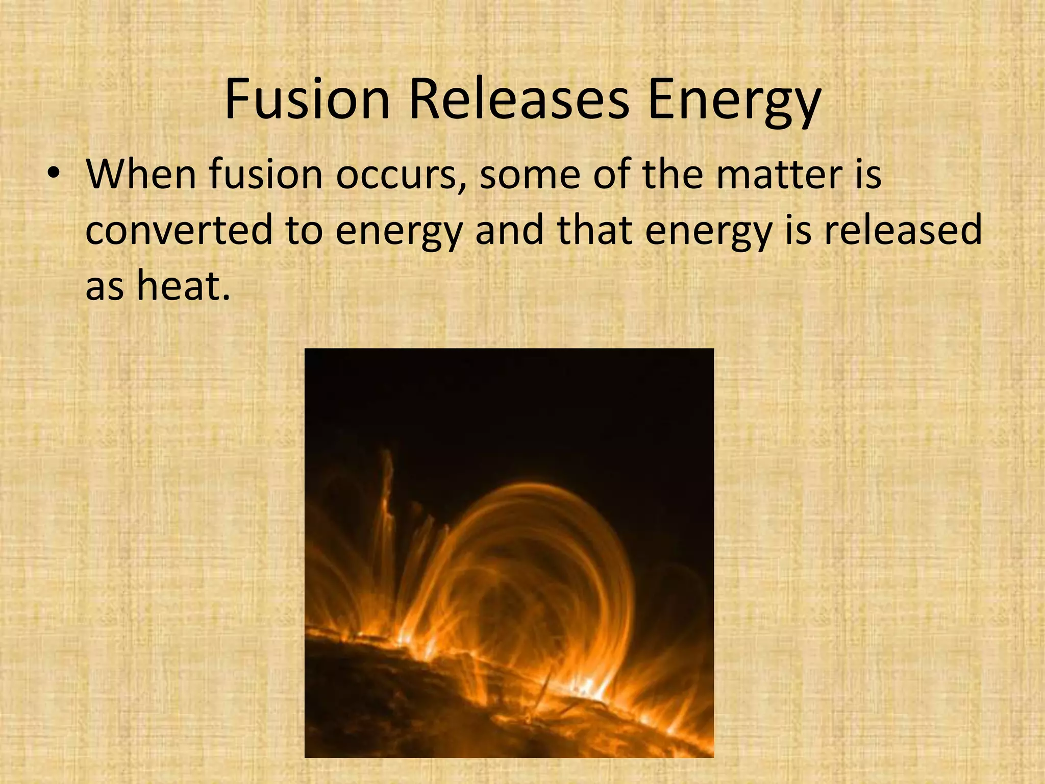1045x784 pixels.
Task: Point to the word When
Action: (141, 175)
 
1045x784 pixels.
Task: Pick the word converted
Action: (179, 230)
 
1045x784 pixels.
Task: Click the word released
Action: (903, 230)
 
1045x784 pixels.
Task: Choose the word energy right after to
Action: (399, 232)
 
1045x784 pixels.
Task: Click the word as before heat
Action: (104, 286)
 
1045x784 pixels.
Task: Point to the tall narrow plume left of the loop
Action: (388, 490)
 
